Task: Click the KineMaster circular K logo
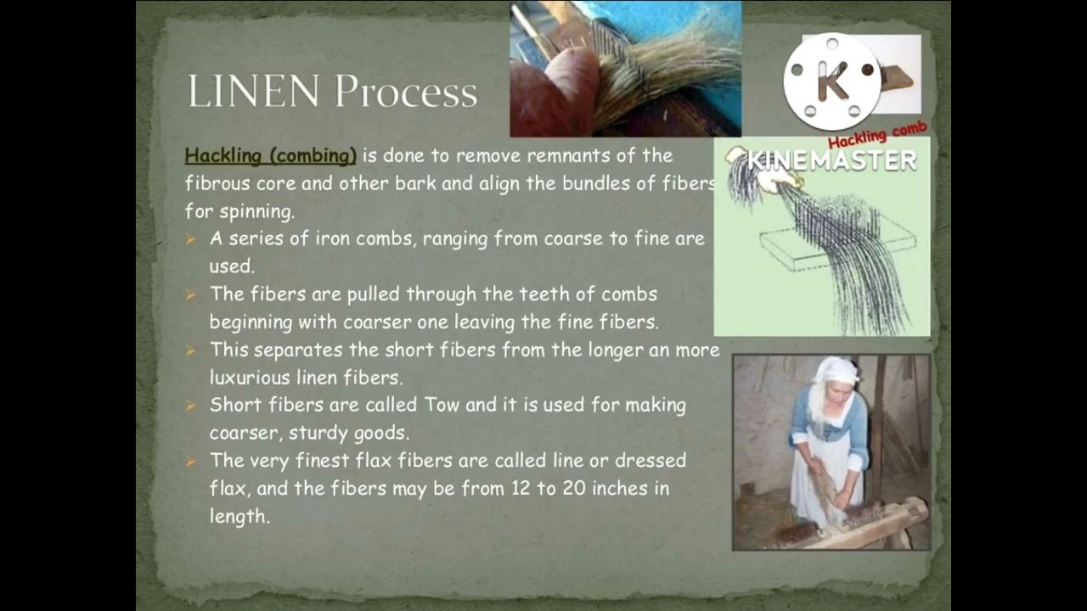832,81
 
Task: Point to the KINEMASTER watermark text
832,160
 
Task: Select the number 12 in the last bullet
520,488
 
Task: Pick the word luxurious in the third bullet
252,377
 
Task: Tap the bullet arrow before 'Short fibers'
191,406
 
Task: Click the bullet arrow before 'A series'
191,239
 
